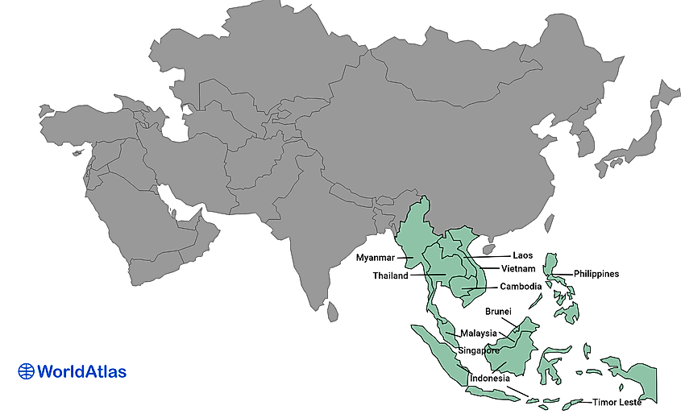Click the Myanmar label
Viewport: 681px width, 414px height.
coord(375,259)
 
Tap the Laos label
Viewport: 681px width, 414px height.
coord(522,256)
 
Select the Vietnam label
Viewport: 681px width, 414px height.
coord(519,268)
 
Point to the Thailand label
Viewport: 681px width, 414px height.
coord(390,276)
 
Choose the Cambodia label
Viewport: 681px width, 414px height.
coord(521,287)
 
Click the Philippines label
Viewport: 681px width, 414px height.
coord(596,274)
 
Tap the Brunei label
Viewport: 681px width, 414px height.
coord(498,311)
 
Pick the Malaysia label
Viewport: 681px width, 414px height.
coord(478,333)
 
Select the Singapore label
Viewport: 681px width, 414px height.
coord(480,350)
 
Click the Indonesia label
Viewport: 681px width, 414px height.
coord(489,379)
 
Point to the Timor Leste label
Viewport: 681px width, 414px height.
coord(617,402)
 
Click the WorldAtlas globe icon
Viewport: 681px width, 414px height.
coord(27,371)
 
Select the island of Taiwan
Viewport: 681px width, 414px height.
coord(550,221)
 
